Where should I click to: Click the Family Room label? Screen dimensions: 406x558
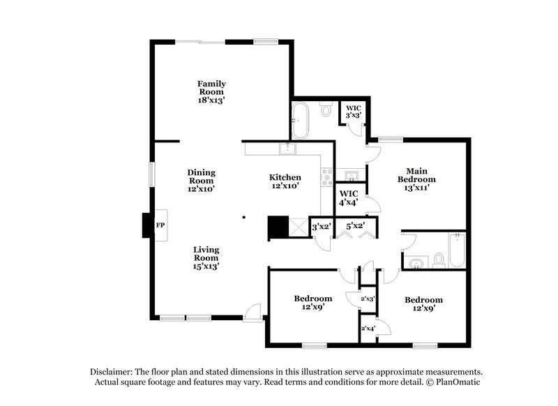(211, 92)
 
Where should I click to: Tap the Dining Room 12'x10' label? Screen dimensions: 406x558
(201, 180)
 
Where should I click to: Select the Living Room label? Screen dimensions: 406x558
(206, 257)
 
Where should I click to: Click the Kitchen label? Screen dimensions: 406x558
(285, 181)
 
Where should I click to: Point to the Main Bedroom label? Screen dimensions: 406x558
(417, 179)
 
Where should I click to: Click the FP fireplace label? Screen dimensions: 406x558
(160, 225)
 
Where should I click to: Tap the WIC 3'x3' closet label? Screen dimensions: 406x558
(354, 112)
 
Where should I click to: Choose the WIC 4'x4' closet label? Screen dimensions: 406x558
(348, 197)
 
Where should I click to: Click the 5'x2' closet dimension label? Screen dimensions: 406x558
(355, 226)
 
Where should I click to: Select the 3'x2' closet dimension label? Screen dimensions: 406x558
(321, 227)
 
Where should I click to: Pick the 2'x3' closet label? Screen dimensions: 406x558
(368, 299)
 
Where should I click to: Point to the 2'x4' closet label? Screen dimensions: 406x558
(368, 328)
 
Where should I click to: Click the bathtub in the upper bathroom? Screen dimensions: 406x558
(301, 120)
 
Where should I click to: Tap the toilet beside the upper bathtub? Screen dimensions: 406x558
(326, 110)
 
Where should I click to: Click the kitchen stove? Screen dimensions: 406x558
(326, 176)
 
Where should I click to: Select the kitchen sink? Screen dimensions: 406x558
(287, 149)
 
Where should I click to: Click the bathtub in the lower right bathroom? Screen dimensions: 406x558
(457, 250)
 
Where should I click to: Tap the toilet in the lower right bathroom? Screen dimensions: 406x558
(439, 260)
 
